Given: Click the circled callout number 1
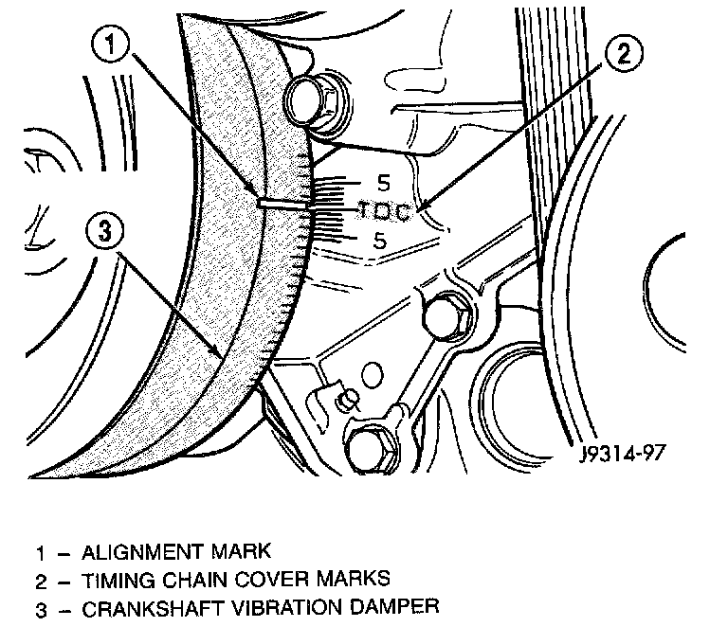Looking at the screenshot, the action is coord(110,45).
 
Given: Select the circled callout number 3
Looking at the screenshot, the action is coord(105,230).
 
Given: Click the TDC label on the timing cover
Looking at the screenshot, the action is coord(385,211).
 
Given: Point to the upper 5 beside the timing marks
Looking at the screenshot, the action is coord(384,183).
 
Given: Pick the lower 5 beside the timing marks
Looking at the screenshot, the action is coord(380,241).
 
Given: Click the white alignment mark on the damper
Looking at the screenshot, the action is coord(282,203).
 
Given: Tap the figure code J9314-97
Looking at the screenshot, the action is coord(623,453).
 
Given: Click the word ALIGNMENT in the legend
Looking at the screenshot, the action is coord(141,552).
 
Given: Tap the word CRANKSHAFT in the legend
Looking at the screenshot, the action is coord(153,608).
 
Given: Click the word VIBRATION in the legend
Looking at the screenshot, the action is coord(286,607).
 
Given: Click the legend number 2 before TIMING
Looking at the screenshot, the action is coord(42,582).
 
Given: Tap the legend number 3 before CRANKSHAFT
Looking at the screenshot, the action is coord(42,609).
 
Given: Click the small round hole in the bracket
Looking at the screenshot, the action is coord(372,375).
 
